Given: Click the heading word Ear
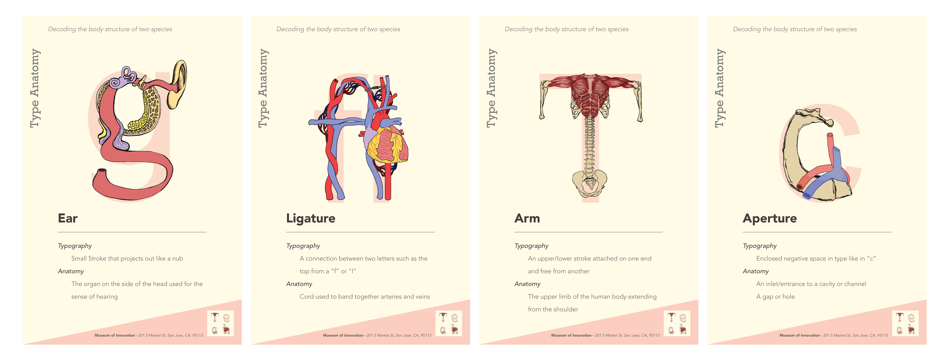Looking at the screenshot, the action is [x=68, y=219].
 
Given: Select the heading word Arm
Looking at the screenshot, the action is [x=527, y=219].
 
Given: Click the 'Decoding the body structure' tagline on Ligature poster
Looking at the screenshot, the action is [x=338, y=29].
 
